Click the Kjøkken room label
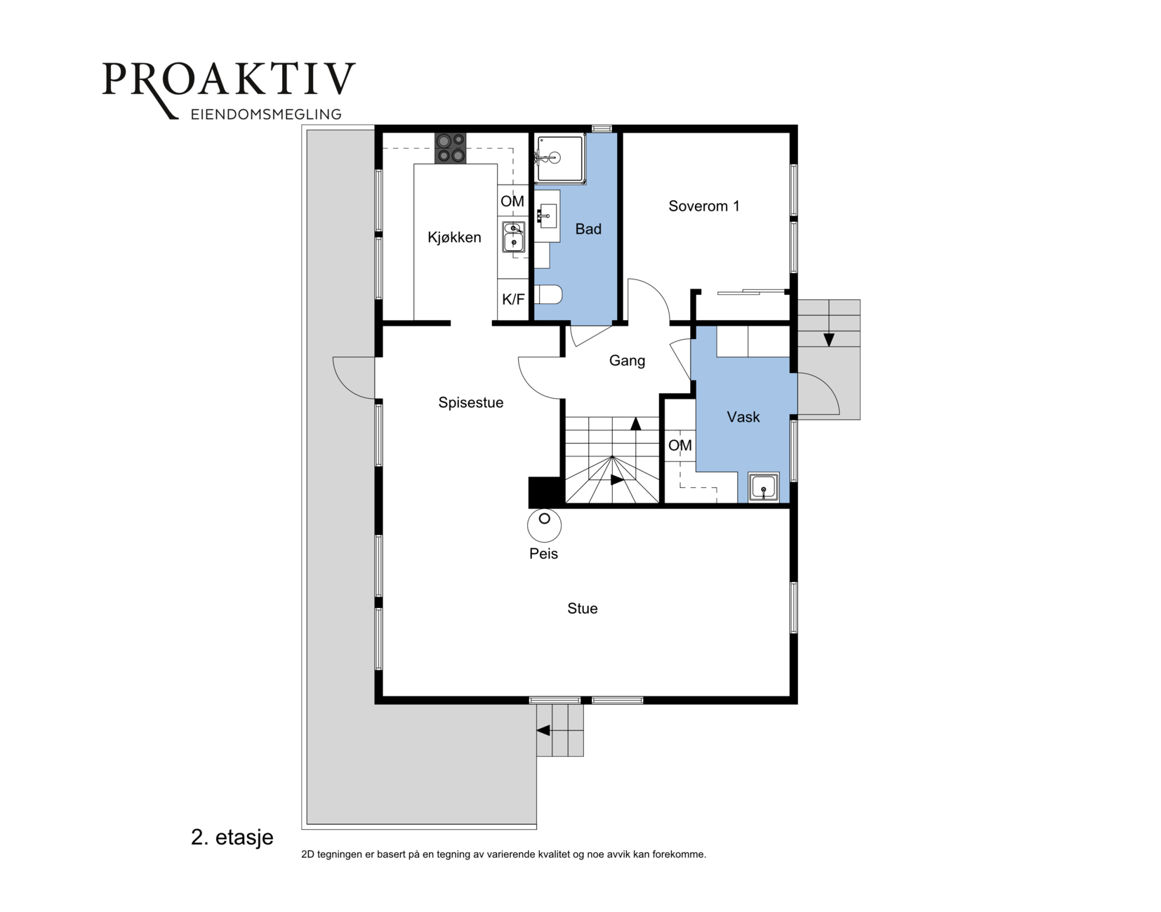coord(454,237)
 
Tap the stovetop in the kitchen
coord(451,148)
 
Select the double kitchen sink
coord(513,237)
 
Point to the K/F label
coord(513,299)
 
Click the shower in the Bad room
coord(559,158)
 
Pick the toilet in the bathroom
coord(548,294)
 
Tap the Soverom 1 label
coord(704,206)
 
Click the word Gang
coord(628,361)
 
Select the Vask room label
coord(743,417)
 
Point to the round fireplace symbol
coord(544,525)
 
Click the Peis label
coord(543,553)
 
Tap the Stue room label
coord(583,608)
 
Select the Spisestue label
coord(471,402)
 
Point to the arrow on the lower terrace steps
coord(543,730)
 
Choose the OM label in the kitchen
coord(512,201)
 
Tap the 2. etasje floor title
coord(232,838)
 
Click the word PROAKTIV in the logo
coord(229,79)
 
